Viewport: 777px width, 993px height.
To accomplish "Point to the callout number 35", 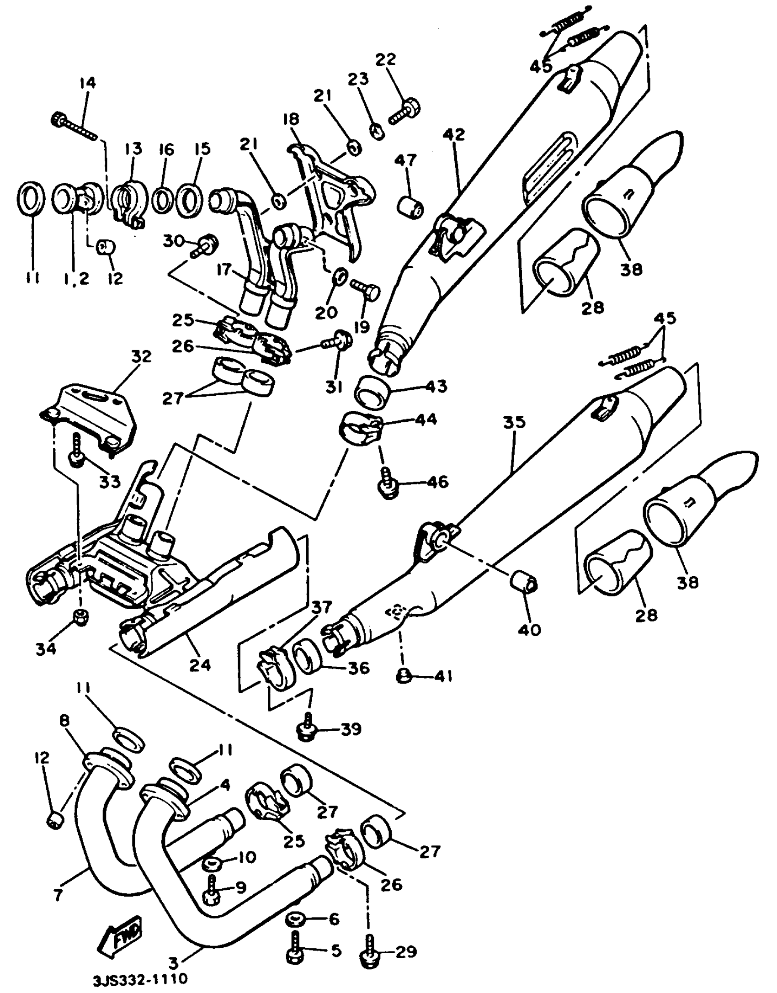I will tap(514, 422).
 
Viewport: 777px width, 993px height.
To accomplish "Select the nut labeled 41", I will tap(404, 676).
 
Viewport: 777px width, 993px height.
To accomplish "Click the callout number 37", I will tap(322, 607).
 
